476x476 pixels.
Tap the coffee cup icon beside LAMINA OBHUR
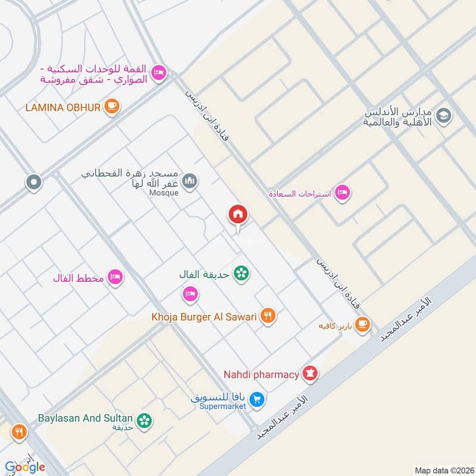(111, 107)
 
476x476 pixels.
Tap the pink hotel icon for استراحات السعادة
(342, 193)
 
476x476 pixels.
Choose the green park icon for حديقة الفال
(242, 273)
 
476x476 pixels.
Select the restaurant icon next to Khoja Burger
(269, 317)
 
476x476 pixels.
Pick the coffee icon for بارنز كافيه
(362, 325)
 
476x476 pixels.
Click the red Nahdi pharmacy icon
(310, 374)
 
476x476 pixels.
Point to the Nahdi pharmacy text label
(261, 374)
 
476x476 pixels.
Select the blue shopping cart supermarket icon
(256, 399)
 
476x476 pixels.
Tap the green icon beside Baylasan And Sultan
(143, 421)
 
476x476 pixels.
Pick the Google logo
(25, 466)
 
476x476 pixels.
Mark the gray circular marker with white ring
(34, 182)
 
